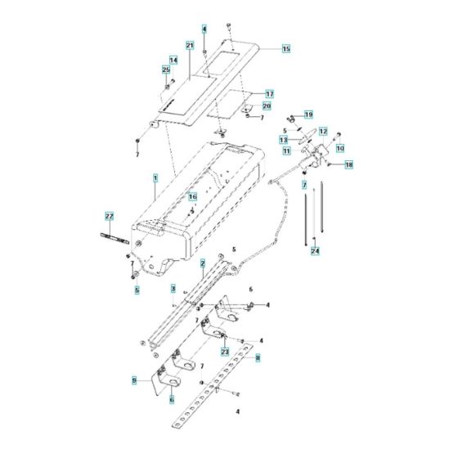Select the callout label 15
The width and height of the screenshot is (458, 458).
[x=286, y=49]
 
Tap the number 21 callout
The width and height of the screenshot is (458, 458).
[x=189, y=46]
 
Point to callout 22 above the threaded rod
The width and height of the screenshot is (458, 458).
[x=108, y=215]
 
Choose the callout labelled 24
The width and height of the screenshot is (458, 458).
[x=315, y=252]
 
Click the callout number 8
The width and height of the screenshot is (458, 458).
[x=258, y=357]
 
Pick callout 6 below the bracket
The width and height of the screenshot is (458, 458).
[x=171, y=399]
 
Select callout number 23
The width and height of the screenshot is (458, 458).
[x=223, y=351]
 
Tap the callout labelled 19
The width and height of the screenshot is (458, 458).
[x=308, y=114]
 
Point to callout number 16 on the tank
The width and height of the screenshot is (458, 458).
[x=193, y=197]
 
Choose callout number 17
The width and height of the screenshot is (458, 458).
[x=268, y=94]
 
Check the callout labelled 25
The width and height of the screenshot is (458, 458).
[x=166, y=71]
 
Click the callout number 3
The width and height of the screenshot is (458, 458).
[x=173, y=290]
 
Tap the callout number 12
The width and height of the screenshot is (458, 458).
[x=323, y=131]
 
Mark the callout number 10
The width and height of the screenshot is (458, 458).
[x=340, y=148]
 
